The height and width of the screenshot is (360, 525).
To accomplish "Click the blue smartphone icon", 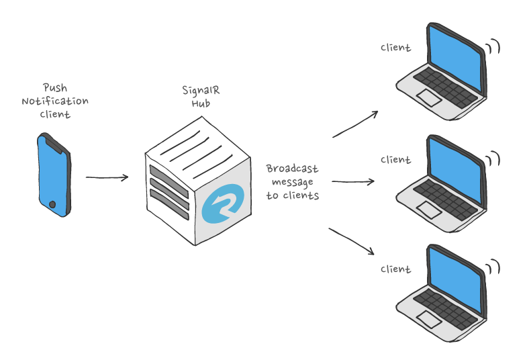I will tap(54, 175).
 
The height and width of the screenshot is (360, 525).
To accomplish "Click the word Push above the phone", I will tap(55, 88).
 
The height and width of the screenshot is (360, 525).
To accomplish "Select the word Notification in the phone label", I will tap(55, 101).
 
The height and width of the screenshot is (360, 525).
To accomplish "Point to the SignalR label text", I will tap(196, 90).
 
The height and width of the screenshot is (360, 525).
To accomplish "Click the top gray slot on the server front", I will tap(169, 169).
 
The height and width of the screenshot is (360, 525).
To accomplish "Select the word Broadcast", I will tap(292, 169).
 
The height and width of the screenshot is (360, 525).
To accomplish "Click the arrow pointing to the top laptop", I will tap(355, 124).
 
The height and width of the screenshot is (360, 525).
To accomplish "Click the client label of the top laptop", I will tap(395, 48).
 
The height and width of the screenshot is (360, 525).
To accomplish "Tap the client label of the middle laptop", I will tap(395, 160).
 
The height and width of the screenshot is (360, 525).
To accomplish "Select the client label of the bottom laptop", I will tap(395, 269).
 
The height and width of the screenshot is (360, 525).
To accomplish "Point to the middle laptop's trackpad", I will tap(429, 210).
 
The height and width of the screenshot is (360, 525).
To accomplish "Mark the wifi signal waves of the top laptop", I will tap(494, 46).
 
